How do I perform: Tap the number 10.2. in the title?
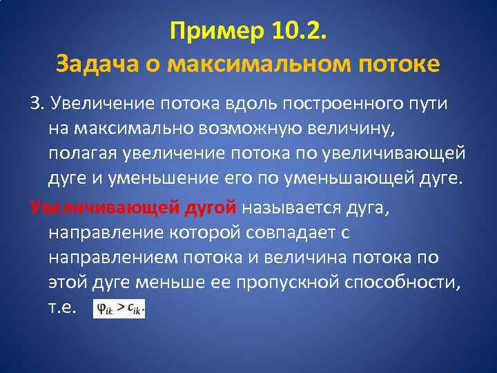point(298,30)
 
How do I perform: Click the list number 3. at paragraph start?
point(37,104)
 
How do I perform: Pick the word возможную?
point(265,128)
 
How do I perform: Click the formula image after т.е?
point(119,309)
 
